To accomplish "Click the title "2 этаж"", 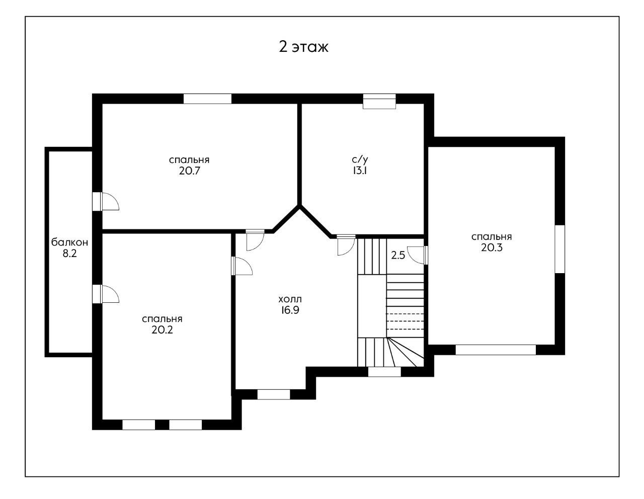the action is [303, 47].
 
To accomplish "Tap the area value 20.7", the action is [189, 171].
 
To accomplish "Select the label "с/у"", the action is [360, 160].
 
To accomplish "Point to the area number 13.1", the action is [360, 171].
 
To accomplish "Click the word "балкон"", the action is [69, 242].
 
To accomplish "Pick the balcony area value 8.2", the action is [69, 254].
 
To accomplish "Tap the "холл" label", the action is [290, 299].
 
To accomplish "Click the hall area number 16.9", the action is [290, 310].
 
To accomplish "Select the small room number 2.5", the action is [398, 256].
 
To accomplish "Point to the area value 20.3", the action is [492, 247].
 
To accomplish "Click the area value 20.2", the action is [162, 330].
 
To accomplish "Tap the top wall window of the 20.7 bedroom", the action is [207, 99].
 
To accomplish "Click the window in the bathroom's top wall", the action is [379, 101].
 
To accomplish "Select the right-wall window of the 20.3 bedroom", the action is [560, 249].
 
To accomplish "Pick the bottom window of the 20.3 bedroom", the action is [496, 350].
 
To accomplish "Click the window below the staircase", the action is [384, 372].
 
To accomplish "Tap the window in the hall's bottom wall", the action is [274, 394].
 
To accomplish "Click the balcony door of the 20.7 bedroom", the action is [106, 202].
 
